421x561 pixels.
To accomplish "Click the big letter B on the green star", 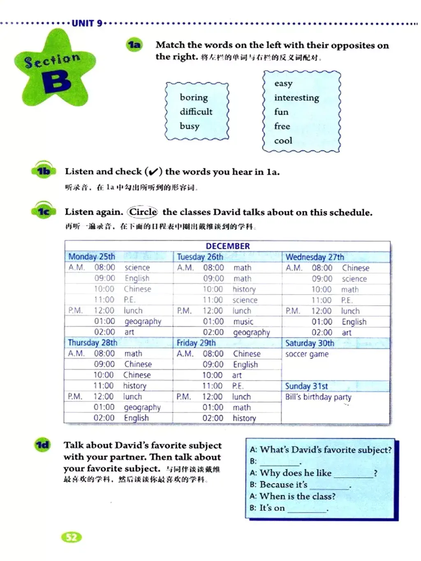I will pyautogui.click(x=56, y=81).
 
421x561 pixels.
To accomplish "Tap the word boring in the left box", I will pyautogui.click(x=194, y=97).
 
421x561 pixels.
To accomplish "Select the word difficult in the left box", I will pyautogui.click(x=196, y=111).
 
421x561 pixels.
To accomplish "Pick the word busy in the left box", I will pyautogui.click(x=190, y=126).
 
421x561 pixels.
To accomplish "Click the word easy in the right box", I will pyautogui.click(x=283, y=83).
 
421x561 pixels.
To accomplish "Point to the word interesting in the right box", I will pyautogui.click(x=296, y=98).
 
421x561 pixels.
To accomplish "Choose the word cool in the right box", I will pyautogui.click(x=283, y=141).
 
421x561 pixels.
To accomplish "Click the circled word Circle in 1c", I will pyautogui.click(x=143, y=212).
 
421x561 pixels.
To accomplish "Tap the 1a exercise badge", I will pyautogui.click(x=134, y=45).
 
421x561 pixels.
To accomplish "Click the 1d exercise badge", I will pyautogui.click(x=43, y=445).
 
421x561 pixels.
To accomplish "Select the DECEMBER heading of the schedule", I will pyautogui.click(x=228, y=246).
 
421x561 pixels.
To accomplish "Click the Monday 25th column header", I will pyautogui.click(x=92, y=257).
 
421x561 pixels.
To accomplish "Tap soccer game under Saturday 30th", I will pyautogui.click(x=307, y=354).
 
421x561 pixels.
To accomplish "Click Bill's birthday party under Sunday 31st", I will pyautogui.click(x=318, y=397).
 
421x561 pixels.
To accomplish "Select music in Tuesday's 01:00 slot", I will pyautogui.click(x=243, y=322).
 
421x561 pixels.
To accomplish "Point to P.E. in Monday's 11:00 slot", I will pyautogui.click(x=130, y=300).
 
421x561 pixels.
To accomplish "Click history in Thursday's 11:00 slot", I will pyautogui.click(x=134, y=386).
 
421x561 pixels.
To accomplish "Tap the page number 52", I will pyautogui.click(x=72, y=537).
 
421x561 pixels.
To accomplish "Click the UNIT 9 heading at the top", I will pyautogui.click(x=87, y=23).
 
